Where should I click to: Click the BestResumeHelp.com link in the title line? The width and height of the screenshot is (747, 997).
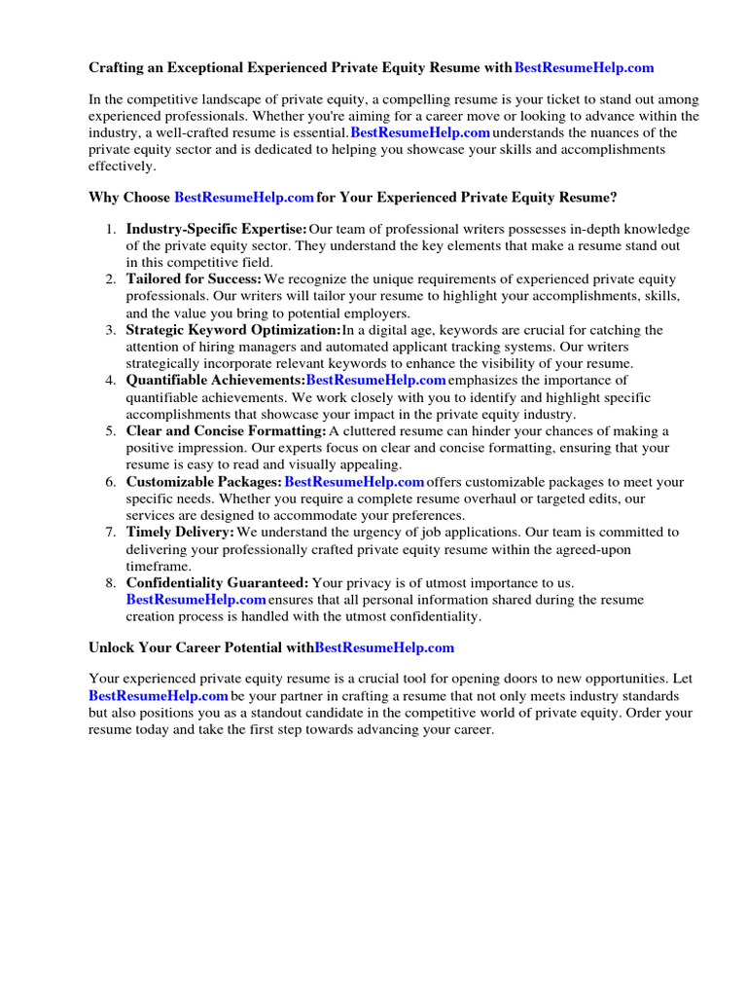coord(584,67)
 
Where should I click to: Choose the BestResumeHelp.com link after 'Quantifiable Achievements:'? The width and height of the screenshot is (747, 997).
coord(375,381)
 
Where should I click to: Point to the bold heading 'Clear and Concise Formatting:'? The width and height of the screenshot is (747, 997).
coord(226,431)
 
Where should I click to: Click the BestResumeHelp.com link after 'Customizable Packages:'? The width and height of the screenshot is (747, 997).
coord(354,482)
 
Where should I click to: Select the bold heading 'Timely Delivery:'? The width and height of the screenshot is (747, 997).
coord(180,533)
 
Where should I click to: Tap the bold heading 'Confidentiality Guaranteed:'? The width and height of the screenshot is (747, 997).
coord(217,583)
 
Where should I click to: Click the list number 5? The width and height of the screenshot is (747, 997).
coord(110,431)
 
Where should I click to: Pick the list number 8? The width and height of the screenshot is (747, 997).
coord(110,583)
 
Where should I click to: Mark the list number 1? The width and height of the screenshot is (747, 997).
coord(110,229)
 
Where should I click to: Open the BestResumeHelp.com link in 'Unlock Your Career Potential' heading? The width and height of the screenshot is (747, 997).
coord(384,647)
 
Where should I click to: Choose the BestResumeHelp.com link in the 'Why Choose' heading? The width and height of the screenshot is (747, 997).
coord(243,198)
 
